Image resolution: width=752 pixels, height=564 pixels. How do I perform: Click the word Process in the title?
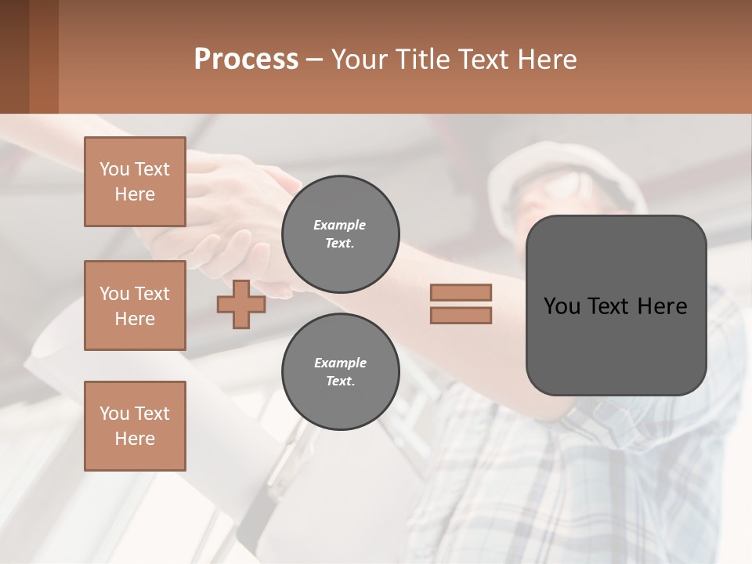[x=246, y=60]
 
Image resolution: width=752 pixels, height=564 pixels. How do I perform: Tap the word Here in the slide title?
[x=545, y=60]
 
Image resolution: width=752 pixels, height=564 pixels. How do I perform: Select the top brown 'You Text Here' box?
[x=135, y=182]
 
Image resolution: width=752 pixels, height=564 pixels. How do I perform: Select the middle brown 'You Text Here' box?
[x=135, y=305]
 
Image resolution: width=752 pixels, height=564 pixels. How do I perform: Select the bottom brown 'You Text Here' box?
[x=135, y=426]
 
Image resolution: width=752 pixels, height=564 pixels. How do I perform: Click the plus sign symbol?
[x=241, y=305]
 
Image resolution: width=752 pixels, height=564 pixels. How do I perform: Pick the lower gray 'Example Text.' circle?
[x=340, y=371]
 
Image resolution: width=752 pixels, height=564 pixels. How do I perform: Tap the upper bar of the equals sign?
[x=461, y=292]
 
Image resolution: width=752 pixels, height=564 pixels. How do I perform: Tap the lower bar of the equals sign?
[x=461, y=316]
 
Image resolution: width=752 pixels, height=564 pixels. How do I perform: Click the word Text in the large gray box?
[x=611, y=306]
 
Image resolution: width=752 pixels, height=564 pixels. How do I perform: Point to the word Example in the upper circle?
[x=340, y=225]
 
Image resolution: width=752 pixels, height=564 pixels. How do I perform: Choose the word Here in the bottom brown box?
[x=135, y=439]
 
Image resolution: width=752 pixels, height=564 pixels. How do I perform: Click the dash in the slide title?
[x=314, y=60]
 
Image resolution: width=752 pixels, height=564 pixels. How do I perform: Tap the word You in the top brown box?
[x=114, y=169]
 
